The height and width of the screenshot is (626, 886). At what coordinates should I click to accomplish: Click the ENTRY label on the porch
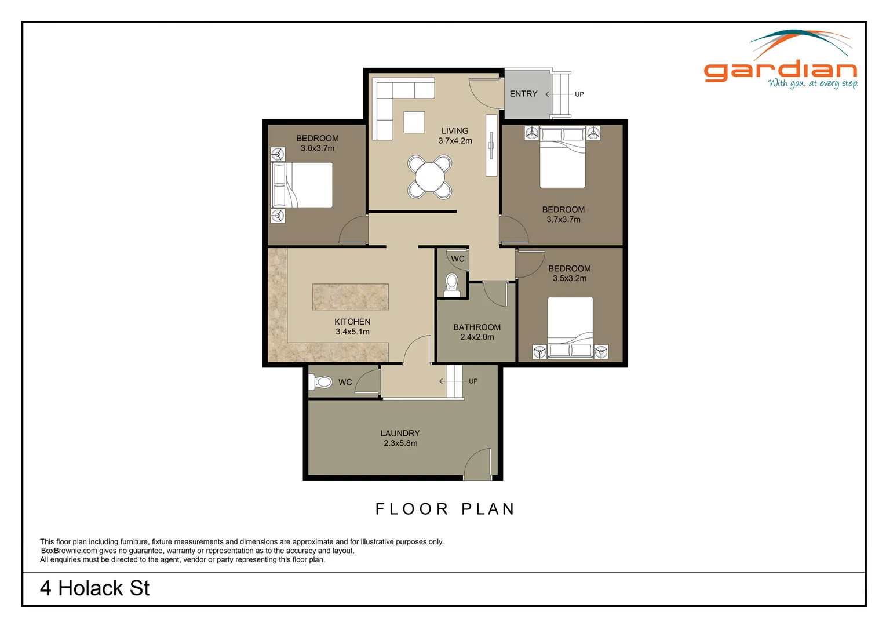click(523, 94)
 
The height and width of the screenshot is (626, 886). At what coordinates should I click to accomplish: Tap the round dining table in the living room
click(429, 177)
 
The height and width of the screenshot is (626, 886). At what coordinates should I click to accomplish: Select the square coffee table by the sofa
click(414, 122)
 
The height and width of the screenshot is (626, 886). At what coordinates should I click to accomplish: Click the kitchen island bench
click(350, 297)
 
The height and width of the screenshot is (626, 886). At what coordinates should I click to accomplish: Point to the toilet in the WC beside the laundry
click(322, 382)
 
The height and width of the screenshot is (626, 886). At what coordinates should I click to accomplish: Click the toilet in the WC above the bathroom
click(451, 284)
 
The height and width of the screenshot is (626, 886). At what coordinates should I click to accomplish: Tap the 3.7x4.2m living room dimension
click(455, 141)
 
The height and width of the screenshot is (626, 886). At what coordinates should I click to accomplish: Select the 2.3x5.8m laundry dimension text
click(400, 443)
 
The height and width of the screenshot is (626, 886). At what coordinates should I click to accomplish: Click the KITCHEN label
click(352, 322)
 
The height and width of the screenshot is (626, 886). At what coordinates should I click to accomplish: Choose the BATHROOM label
click(476, 327)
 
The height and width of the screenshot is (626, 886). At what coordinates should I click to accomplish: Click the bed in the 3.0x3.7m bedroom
click(302, 185)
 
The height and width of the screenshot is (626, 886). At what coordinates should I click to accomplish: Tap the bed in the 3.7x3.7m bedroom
click(562, 158)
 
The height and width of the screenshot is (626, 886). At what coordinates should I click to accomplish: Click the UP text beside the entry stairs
click(579, 94)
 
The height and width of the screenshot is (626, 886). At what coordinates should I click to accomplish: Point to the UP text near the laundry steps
click(473, 381)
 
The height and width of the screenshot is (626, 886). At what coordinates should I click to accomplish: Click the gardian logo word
click(780, 71)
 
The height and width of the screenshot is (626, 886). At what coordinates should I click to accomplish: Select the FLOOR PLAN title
click(445, 509)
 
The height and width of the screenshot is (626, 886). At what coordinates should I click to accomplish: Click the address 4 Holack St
click(94, 588)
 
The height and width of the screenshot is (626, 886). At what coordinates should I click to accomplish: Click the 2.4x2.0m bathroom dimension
click(477, 337)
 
